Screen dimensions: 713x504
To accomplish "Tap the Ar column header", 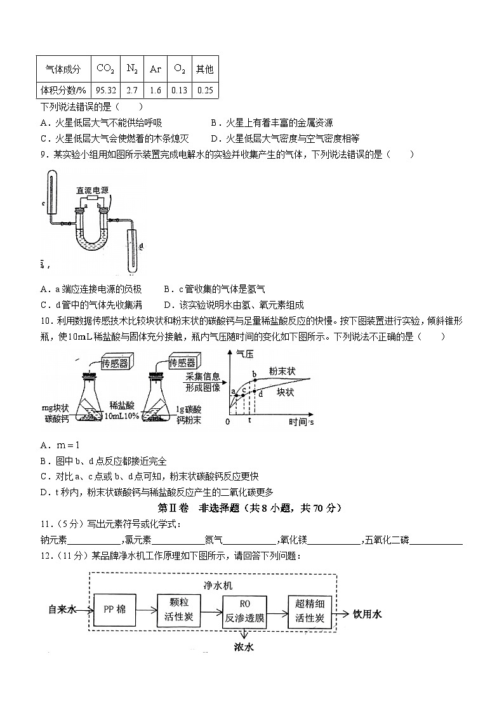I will tap(156, 69).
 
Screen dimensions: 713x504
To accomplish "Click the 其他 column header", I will tap(204, 69).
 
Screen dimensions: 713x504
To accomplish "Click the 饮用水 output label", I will tap(368, 614).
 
